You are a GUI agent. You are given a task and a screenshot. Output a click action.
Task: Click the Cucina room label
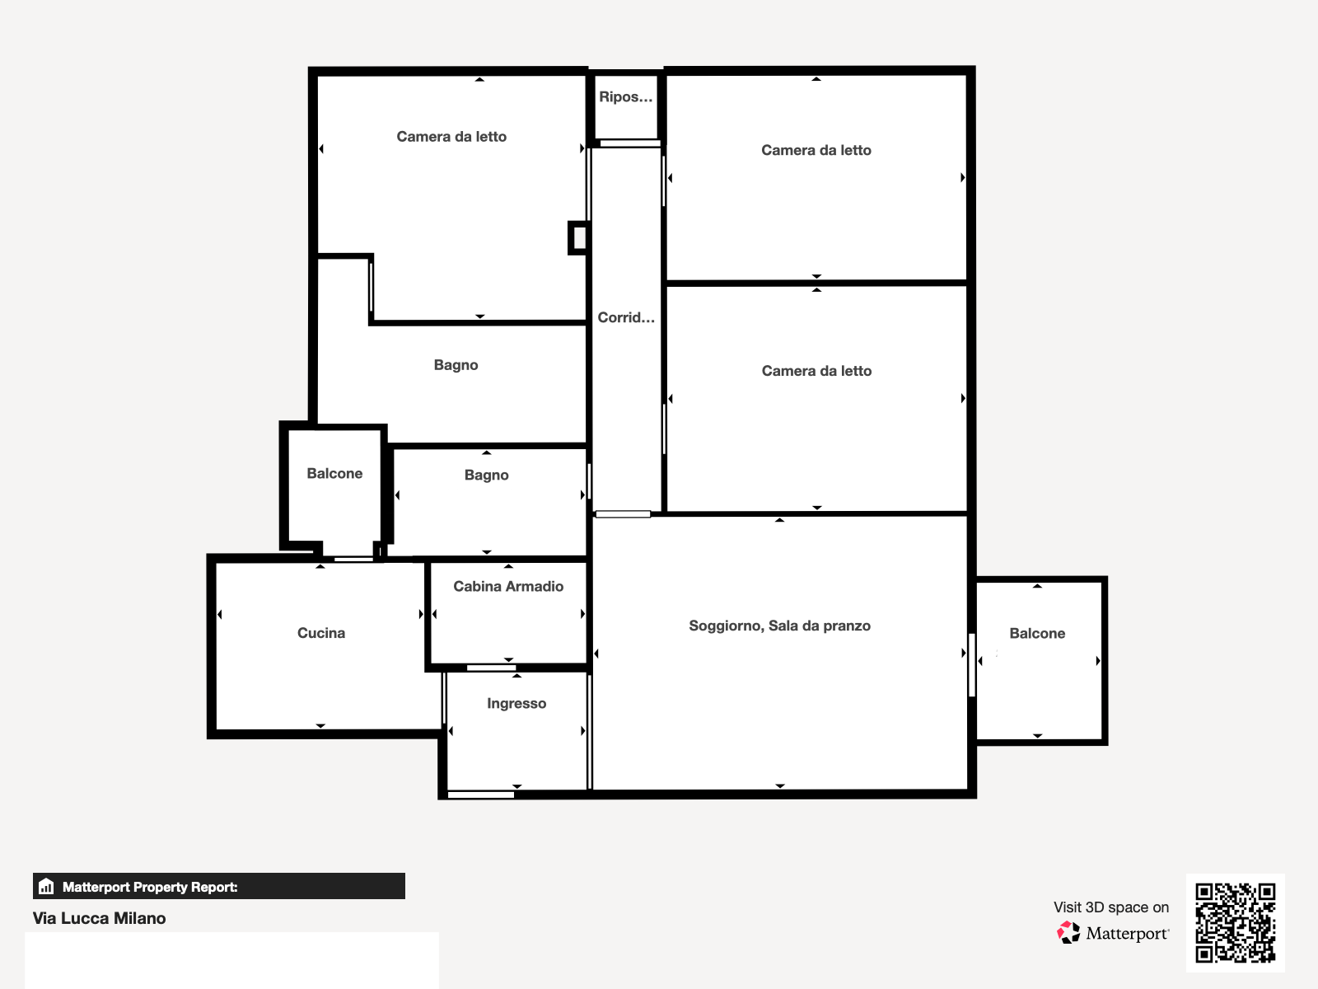321,633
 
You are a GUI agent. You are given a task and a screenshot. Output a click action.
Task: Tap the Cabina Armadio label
508,586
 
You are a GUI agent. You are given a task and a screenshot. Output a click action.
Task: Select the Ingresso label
516,704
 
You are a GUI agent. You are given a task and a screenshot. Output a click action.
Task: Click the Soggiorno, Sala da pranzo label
779,626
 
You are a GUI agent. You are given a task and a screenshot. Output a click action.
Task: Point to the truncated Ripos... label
626,96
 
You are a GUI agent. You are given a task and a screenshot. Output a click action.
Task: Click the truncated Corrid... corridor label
626,317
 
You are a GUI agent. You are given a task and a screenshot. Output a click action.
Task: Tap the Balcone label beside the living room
1037,633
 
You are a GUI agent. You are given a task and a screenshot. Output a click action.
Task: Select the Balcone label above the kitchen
334,473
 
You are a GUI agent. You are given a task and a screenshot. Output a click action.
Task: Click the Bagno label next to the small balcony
486,475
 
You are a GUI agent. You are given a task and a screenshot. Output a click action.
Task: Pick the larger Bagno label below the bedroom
456,365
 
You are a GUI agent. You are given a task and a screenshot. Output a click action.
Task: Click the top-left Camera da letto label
451,136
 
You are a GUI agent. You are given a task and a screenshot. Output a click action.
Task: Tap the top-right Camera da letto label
816,150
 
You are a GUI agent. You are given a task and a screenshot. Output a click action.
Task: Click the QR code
1235,922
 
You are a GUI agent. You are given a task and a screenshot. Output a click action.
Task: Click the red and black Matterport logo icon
1068,933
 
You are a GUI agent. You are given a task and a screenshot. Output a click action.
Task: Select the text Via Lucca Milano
99,918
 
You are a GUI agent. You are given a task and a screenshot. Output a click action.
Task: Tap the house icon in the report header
46,886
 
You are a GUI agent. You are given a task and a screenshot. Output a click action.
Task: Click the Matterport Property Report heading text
150,887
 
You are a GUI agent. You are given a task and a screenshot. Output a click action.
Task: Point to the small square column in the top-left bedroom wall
577,238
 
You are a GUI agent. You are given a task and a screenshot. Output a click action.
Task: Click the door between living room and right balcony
971,665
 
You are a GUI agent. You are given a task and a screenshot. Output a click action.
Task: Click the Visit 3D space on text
1111,907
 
